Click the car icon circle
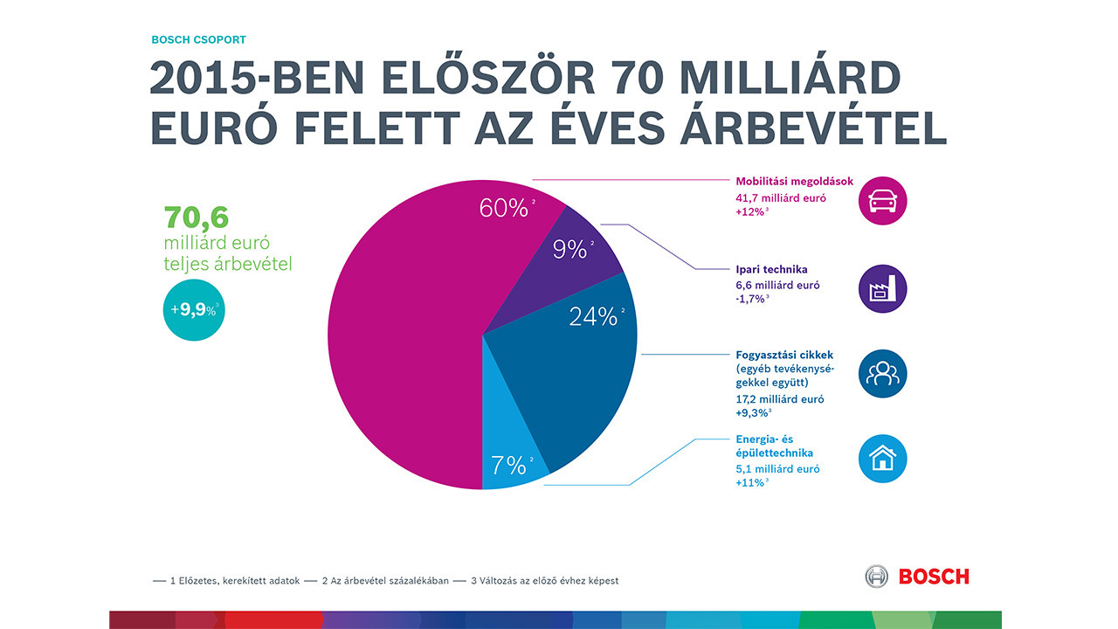[x=883, y=201]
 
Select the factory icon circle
[x=883, y=288]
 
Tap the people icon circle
[x=883, y=374]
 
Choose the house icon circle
[x=883, y=458]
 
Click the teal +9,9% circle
[x=193, y=309]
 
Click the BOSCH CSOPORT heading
[x=198, y=39]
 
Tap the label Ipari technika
[x=771, y=269]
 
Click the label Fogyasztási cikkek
[x=784, y=355]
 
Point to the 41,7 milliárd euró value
[x=780, y=198]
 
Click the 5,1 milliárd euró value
[x=776, y=469]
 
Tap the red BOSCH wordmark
[x=934, y=577]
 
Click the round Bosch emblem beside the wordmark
[x=876, y=577]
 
